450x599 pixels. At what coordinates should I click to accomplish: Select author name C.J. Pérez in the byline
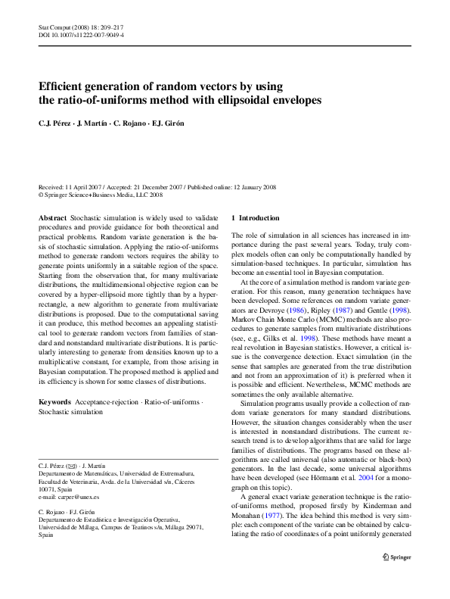pyautogui.click(x=55, y=123)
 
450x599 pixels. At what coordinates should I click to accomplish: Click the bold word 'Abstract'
pyautogui.click(x=52, y=217)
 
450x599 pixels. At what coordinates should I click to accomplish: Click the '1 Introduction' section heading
pyautogui.click(x=255, y=217)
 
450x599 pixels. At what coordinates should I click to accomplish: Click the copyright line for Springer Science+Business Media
pyautogui.click(x=101, y=194)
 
